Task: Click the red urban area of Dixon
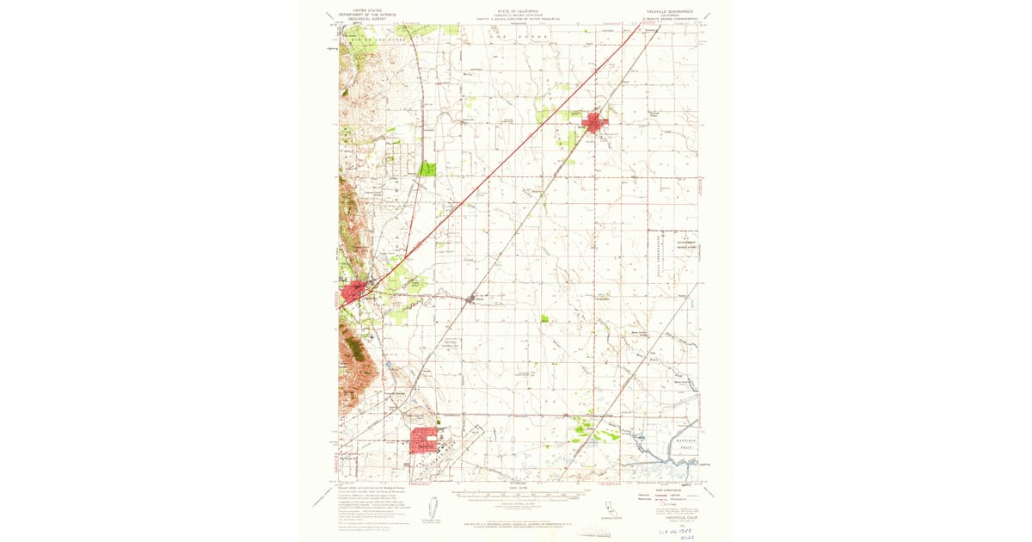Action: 595,123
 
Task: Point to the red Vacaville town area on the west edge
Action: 352,294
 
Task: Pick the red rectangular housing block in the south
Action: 424,440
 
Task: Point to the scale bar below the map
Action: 516,495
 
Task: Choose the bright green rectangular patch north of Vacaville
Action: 427,169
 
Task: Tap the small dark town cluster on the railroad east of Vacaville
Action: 470,299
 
